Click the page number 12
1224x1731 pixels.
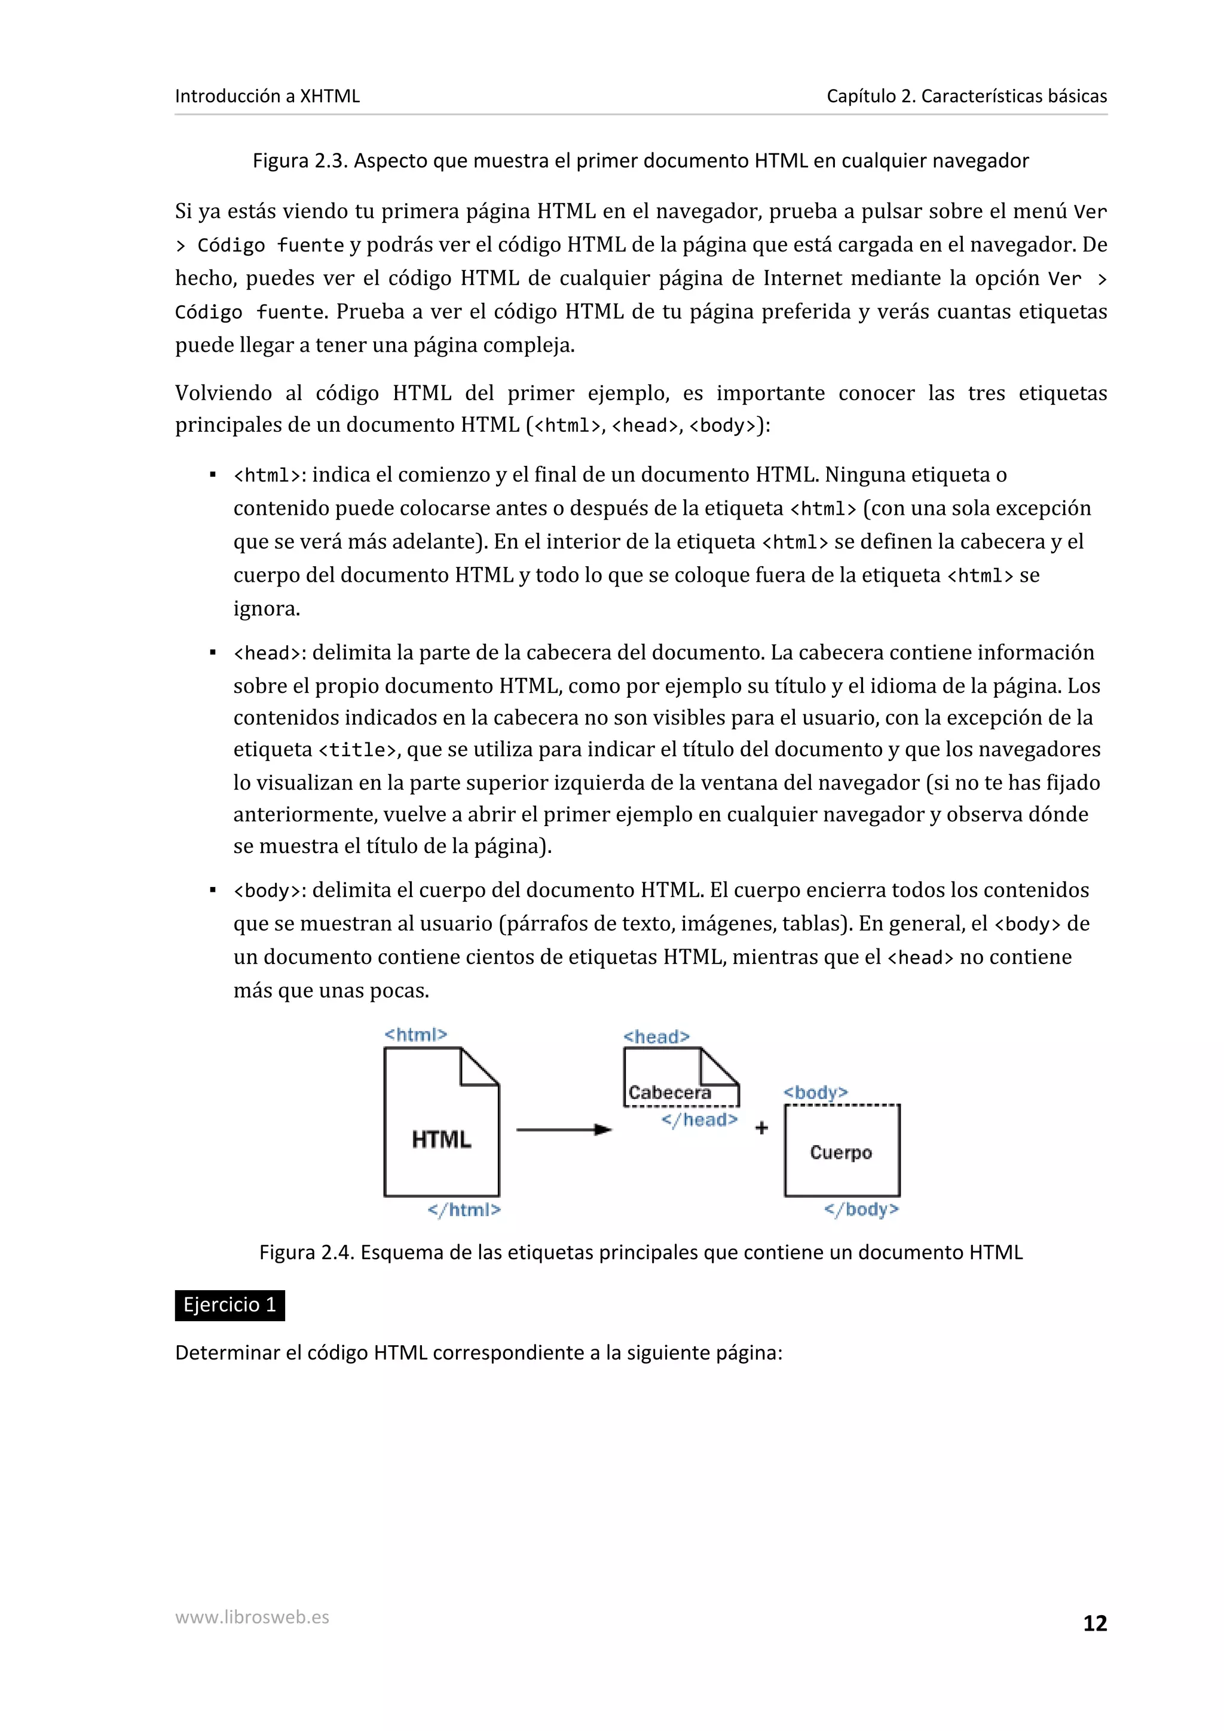1094,1623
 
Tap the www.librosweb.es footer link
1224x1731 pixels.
252,1617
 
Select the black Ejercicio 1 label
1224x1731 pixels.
229,1305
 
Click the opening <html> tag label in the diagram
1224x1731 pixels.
415,1035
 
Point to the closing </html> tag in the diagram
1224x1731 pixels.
464,1210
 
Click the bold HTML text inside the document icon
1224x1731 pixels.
441,1139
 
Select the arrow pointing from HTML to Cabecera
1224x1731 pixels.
564,1130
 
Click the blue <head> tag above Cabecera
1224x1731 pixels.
656,1037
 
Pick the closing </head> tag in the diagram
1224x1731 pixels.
699,1119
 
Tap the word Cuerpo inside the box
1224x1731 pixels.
841,1152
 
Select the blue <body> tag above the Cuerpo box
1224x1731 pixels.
815,1092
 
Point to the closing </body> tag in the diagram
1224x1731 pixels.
861,1210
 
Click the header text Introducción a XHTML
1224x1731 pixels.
267,96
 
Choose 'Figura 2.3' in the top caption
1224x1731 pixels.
299,161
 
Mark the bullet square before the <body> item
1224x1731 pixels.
213,891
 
